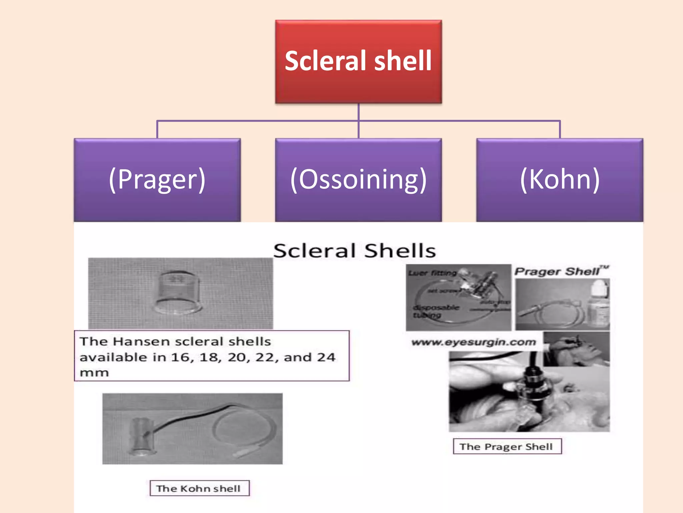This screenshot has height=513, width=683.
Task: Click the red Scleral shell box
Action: click(x=359, y=61)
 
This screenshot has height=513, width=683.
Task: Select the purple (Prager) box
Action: click(x=157, y=180)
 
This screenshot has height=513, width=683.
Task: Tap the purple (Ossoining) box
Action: click(x=359, y=180)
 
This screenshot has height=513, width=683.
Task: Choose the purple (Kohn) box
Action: click(x=560, y=180)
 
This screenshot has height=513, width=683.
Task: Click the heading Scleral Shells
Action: click(x=355, y=251)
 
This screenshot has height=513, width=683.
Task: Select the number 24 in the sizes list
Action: click(x=326, y=357)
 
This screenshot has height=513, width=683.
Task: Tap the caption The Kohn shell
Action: click(x=199, y=488)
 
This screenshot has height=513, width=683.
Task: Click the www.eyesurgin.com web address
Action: click(x=474, y=342)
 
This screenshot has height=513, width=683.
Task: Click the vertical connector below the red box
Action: click(x=359, y=112)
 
